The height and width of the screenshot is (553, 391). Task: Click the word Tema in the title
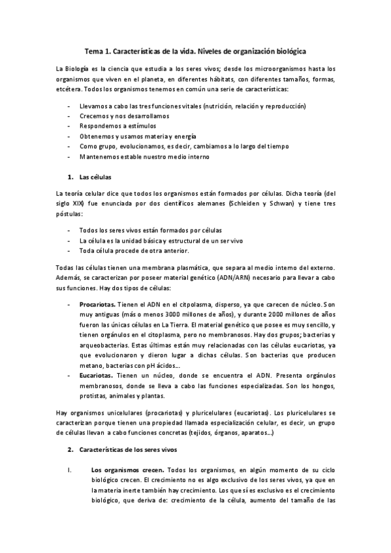(x=96, y=50)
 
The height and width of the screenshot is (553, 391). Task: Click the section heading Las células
(x=95, y=176)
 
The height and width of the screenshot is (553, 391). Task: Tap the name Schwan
(x=282, y=204)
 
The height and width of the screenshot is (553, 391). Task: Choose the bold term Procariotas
(x=97, y=305)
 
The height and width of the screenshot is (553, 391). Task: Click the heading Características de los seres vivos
(x=133, y=450)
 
